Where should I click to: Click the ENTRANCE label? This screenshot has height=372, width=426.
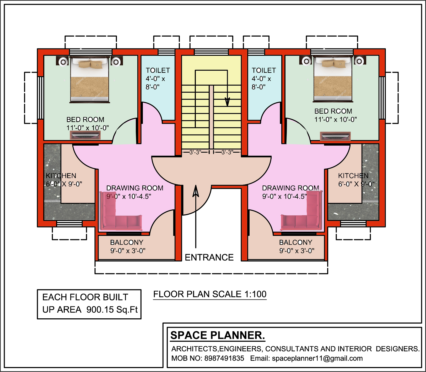pyautogui.click(x=209, y=257)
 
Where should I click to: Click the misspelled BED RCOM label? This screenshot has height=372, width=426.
pyautogui.click(x=333, y=111)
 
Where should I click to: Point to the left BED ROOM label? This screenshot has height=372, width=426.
pyautogui.click(x=85, y=120)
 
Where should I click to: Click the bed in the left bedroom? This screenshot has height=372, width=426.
pyautogui.click(x=89, y=80)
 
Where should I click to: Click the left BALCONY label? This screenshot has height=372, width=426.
pyautogui.click(x=127, y=242)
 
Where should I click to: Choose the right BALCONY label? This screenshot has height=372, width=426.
pyautogui.click(x=296, y=242)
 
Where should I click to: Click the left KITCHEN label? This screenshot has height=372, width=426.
pyautogui.click(x=61, y=176)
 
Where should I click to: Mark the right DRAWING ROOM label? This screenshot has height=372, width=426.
pyautogui.click(x=290, y=188)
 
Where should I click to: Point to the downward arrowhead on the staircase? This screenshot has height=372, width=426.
pyautogui.click(x=227, y=102)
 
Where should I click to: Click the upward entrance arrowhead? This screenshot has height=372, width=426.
pyautogui.click(x=196, y=191)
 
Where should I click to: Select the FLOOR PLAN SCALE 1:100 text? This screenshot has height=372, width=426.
pyautogui.click(x=210, y=294)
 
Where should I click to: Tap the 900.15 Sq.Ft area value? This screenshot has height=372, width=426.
pyautogui.click(x=112, y=310)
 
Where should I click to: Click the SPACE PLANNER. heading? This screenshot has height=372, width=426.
pyautogui.click(x=218, y=335)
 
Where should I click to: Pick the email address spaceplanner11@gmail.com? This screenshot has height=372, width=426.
pyautogui.click(x=317, y=358)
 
